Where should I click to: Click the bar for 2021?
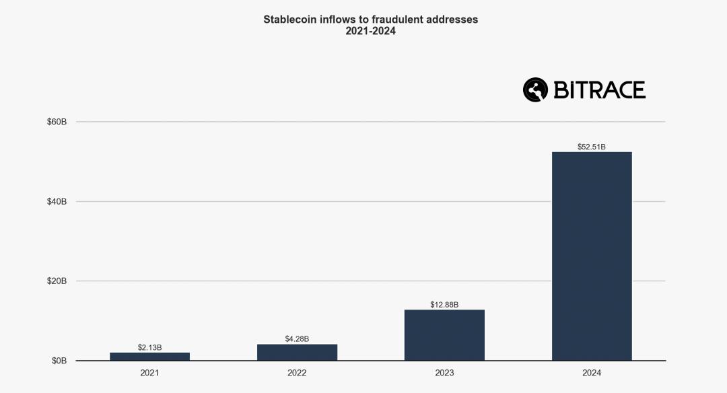149,357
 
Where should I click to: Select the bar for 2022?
297,353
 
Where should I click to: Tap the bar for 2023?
444,335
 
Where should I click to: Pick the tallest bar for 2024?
592,256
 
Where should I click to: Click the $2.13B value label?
149,347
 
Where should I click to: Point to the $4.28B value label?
297,338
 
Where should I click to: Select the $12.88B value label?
444,305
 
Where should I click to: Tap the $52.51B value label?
592,147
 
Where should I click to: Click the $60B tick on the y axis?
57,122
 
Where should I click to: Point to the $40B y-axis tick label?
57,201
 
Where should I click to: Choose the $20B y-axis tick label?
57,281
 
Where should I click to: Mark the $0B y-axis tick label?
59,361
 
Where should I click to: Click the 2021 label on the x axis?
149,373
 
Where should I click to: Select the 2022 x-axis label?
297,373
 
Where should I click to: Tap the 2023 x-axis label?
444,373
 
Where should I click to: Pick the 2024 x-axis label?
592,373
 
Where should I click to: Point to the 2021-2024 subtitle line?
370,31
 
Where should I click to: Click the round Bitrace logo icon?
536,90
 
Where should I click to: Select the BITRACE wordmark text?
599,90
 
